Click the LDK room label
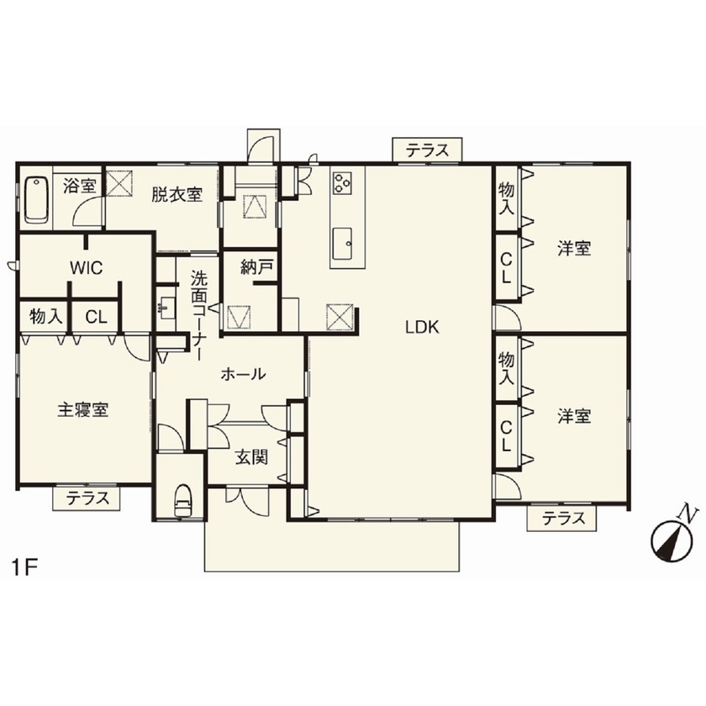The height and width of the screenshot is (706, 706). point(423,329)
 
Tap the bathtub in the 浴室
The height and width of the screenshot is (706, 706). point(36,199)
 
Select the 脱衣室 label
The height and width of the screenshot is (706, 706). point(176,195)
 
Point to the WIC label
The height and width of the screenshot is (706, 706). point(86,268)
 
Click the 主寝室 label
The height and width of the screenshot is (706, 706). point(82,411)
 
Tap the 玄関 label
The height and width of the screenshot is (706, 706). point(251,458)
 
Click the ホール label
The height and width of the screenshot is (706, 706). point(243,374)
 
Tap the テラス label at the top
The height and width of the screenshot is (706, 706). point(427,151)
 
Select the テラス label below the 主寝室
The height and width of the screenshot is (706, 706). point(87,498)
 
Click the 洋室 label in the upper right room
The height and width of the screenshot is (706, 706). point(574,249)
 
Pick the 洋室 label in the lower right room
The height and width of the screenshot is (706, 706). point(574,416)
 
